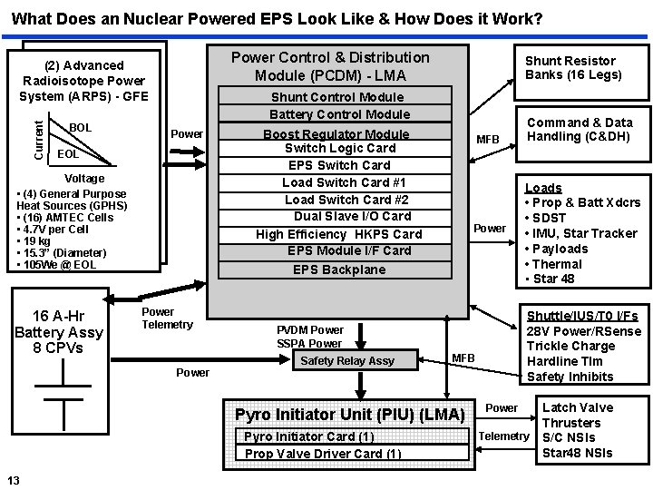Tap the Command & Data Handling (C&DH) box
[580, 130]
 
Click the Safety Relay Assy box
[347, 360]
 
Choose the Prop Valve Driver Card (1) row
[323, 453]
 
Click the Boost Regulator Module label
[336, 133]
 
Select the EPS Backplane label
[339, 269]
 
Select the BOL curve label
[81, 128]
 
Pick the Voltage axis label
[84, 179]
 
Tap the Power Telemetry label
[168, 318]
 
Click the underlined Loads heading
[543, 188]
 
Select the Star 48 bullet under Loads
[554, 279]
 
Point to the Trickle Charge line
[572, 346]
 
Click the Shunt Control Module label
[337, 97]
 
